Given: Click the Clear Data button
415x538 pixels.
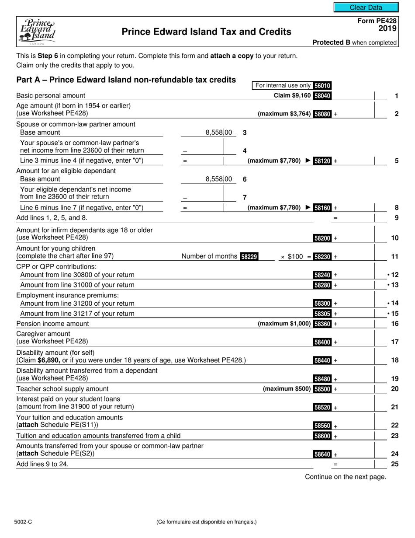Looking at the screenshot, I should click(366, 7).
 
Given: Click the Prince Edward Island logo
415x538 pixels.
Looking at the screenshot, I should click(37, 31).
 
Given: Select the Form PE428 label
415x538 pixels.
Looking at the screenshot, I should click(377, 21).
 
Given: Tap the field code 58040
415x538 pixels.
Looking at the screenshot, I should click(322, 95).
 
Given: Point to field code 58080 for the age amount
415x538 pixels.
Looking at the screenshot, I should click(322, 114).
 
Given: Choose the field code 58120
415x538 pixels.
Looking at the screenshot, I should click(322, 161).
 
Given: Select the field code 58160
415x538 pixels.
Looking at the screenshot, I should click(322, 208).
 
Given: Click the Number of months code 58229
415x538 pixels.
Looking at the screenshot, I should click(249, 257).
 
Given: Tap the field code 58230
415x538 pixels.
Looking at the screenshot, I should click(322, 257).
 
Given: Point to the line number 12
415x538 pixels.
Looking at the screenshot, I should click(394, 275).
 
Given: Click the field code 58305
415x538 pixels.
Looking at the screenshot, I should click(322, 314).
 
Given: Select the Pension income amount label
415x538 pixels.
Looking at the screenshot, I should click(52, 324).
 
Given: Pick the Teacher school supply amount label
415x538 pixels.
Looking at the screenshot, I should click(62, 389).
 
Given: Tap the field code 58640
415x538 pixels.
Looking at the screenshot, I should click(322, 454).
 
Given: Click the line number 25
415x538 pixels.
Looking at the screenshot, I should click(394, 464).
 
